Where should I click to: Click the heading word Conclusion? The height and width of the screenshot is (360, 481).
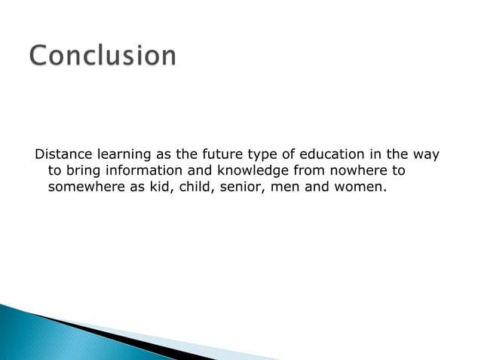(103, 56)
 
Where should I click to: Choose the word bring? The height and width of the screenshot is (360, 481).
(84, 171)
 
